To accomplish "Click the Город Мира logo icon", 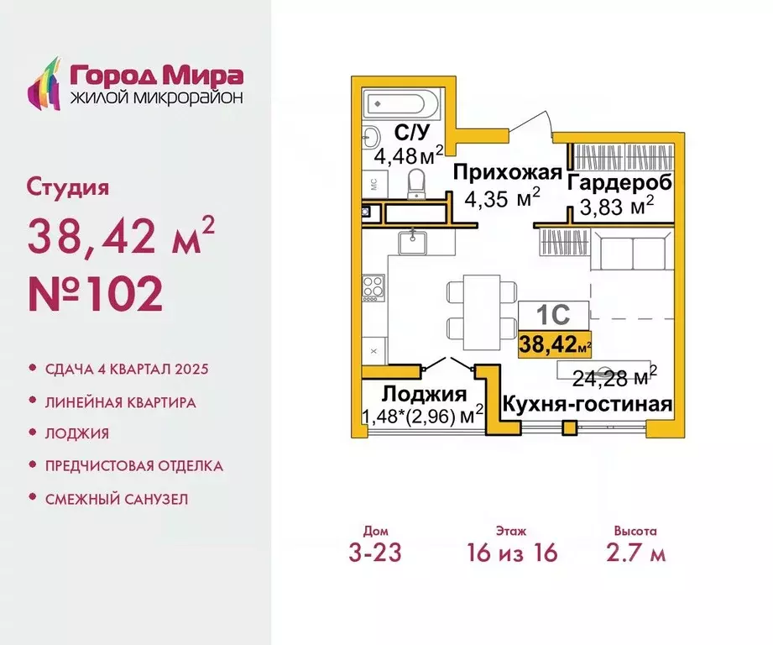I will point(45,84).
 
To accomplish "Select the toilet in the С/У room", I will point(416,184).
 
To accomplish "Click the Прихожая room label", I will point(506,173).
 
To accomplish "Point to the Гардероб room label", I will point(619,182).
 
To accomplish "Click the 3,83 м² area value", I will point(617,207).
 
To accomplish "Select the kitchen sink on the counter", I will point(414,243).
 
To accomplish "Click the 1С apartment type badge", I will point(553,315).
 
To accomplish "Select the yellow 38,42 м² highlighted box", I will point(555,343).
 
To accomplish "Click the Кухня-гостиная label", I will point(587,405).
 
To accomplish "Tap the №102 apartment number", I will point(94,294).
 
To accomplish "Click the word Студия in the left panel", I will point(69,186).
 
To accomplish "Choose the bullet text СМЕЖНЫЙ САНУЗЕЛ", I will point(117,499).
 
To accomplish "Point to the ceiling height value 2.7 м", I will point(635,553).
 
